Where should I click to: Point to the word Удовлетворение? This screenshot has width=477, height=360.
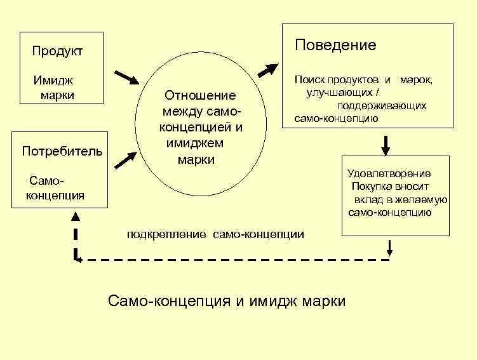pyautogui.click(x=389, y=173)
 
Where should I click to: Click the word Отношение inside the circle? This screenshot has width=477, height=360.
pyautogui.click(x=199, y=96)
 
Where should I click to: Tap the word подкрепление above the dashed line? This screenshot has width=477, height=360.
pyautogui.click(x=166, y=234)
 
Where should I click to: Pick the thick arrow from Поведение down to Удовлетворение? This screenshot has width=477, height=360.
pyautogui.click(x=386, y=145)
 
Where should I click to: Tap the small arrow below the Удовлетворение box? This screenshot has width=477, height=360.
pyautogui.click(x=390, y=246)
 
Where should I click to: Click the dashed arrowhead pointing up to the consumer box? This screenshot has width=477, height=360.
pyautogui.click(x=76, y=217)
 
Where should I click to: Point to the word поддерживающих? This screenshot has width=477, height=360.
pyautogui.click(x=381, y=105)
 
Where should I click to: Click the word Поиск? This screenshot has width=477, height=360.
pyautogui.click(x=309, y=80)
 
